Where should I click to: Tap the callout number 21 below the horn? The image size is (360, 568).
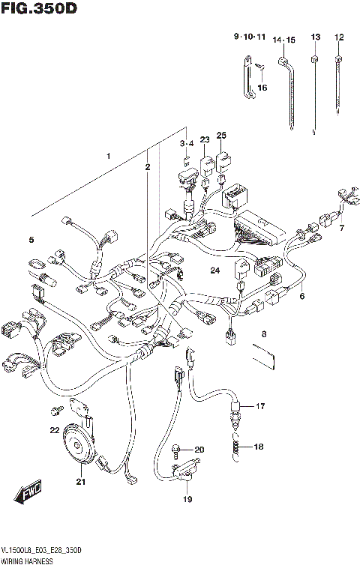tap(80, 482)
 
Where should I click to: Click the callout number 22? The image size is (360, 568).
tap(54, 430)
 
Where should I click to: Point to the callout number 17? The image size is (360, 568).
tap(260, 407)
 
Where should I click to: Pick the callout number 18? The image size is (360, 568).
tap(259, 447)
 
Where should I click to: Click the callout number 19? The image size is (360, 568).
tap(187, 499)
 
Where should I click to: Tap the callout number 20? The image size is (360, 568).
tap(199, 450)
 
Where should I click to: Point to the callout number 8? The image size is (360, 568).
tap(263, 333)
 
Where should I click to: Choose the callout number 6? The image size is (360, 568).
tap(302, 296)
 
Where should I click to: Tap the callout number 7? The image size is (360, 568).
tap(341, 228)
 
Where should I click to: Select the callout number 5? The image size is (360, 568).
tap(31, 240)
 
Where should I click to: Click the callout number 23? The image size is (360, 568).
tap(204, 139)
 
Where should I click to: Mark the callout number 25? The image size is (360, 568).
tap(220, 135)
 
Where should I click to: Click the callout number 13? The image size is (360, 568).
tap(315, 37)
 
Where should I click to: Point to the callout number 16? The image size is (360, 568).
tap(262, 88)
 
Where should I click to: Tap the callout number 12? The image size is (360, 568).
tap(339, 37)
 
